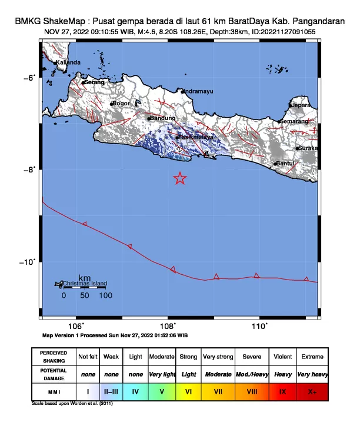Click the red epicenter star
(180, 178)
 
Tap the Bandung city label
(163, 118)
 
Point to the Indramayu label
(198, 91)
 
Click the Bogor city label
(121, 104)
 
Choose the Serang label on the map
(94, 82)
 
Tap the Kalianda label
(68, 62)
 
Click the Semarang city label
(295, 121)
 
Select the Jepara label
(301, 105)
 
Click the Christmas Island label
(85, 284)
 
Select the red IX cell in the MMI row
(283, 391)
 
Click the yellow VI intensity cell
(189, 391)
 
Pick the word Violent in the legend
(283, 357)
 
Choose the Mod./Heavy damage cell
(252, 374)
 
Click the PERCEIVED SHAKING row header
(54, 357)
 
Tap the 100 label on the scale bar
(105, 295)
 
